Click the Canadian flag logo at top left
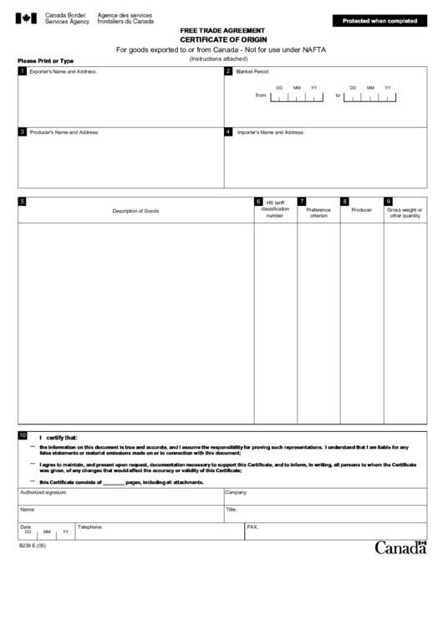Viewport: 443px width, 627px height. click(27, 18)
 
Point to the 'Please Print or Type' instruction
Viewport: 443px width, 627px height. click(45, 61)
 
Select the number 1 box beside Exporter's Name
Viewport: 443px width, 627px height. click(23, 71)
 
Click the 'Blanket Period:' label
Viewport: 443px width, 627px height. click(252, 72)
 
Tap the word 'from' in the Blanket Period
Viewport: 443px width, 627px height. click(261, 95)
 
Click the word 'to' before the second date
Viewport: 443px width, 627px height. click(339, 95)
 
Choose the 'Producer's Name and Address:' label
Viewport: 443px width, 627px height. click(64, 132)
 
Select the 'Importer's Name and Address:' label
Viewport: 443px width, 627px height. click(271, 132)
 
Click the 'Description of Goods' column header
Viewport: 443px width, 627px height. click(135, 210)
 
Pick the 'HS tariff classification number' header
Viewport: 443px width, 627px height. click(275, 209)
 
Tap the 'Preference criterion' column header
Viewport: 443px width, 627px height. click(318, 213)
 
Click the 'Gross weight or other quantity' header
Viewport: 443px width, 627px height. click(405, 213)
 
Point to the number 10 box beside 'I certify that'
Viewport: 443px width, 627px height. click(23, 435)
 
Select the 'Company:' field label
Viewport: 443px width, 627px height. click(236, 493)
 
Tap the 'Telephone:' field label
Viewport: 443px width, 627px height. click(90, 527)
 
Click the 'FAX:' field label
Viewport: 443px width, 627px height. click(252, 527)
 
